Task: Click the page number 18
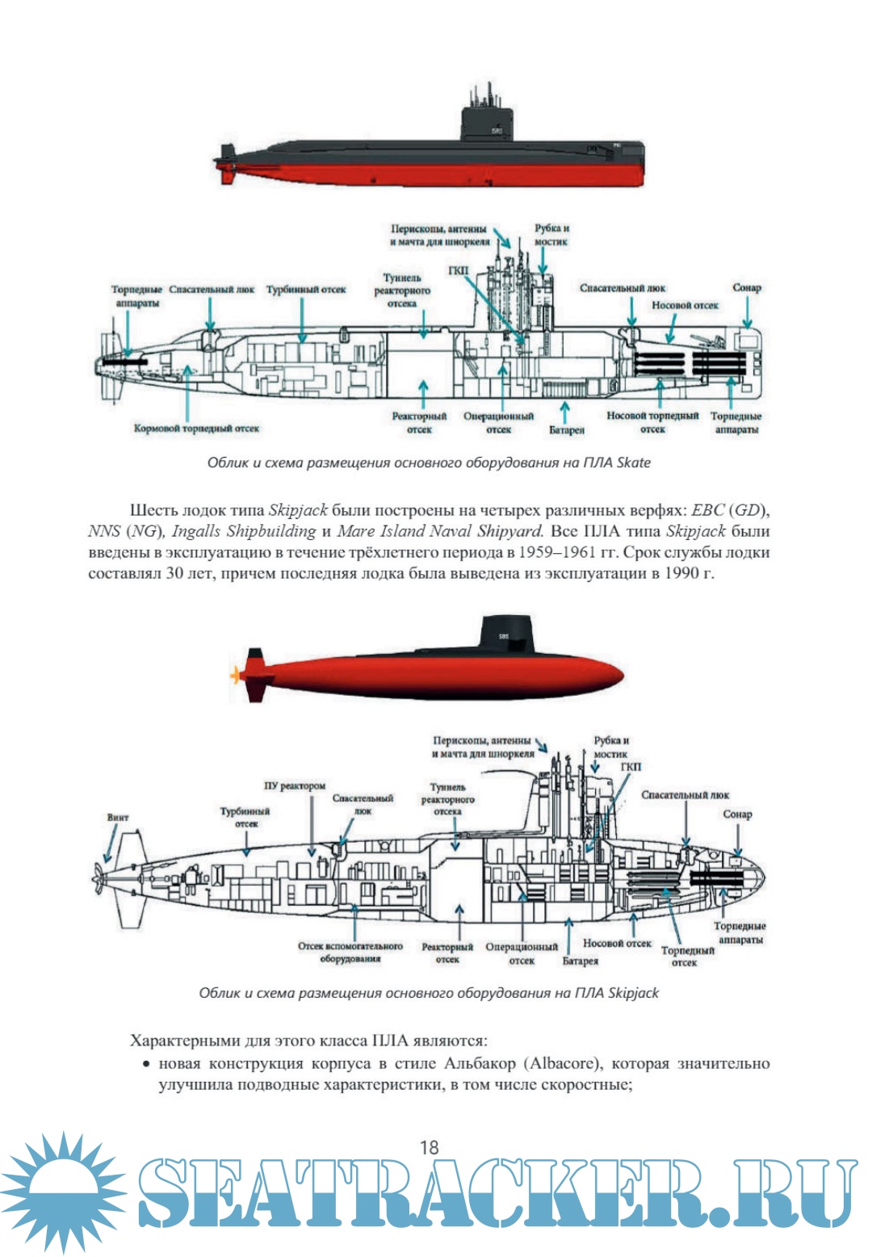429,1146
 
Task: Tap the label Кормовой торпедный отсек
196,428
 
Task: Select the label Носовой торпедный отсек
652,422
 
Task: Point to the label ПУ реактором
295,786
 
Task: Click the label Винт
118,817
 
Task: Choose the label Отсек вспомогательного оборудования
350,952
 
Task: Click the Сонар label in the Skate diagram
747,287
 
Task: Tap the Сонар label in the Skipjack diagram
737,814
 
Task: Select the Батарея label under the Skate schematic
567,430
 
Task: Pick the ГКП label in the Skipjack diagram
631,766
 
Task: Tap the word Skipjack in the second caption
633,992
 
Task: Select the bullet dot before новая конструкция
146,1064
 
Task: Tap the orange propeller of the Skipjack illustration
236,674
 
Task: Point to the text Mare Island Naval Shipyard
440,531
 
